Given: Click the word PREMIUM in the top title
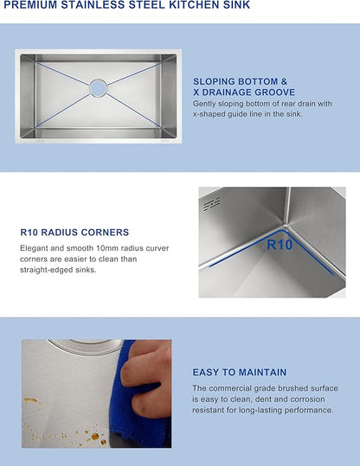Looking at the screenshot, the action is point(31,4).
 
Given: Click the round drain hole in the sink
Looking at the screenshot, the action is point(98,87).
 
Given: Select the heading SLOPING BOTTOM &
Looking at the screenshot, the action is point(240,81).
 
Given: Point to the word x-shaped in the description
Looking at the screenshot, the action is point(209,114).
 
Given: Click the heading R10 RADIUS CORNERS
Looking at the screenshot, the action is point(74,232).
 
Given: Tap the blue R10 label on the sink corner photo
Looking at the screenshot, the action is point(280,245).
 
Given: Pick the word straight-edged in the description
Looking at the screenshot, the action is point(48,270).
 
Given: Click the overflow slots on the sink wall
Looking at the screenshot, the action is point(212,203).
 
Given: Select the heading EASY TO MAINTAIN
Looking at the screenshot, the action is point(240,372).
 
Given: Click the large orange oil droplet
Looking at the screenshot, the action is point(95,437).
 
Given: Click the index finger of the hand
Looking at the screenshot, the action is point(140,373).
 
